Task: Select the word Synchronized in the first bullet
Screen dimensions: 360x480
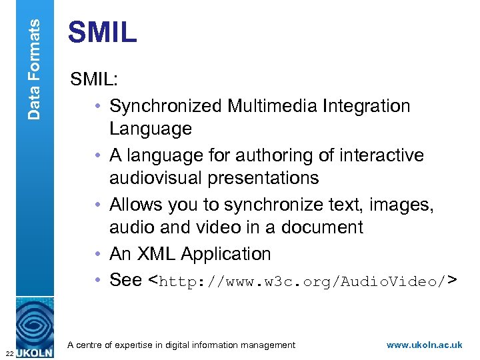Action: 166,106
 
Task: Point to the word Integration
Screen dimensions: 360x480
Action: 367,106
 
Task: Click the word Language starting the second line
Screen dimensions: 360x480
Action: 151,129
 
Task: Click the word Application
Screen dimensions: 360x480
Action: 226,254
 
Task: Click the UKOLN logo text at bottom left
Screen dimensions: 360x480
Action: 33,351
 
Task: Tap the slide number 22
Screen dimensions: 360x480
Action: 7,353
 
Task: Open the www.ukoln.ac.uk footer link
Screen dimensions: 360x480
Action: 424,345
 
